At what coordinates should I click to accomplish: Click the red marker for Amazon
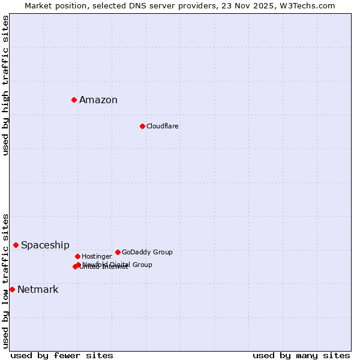(x=74, y=100)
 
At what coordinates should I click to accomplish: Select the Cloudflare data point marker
(x=142, y=126)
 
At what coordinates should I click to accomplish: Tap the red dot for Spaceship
(x=16, y=245)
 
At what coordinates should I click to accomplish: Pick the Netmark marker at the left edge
(x=12, y=289)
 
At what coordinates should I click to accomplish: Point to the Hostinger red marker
(x=77, y=256)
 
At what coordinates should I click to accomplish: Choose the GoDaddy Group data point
(x=118, y=252)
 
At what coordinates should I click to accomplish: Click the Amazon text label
(x=98, y=100)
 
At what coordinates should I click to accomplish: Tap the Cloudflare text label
(x=163, y=126)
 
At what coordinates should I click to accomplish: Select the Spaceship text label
(x=45, y=245)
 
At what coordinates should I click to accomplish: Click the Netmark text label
(x=38, y=290)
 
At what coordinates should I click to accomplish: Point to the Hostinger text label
(x=97, y=256)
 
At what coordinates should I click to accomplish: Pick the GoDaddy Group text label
(x=147, y=252)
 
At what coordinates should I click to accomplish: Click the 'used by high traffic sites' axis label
(x=5, y=85)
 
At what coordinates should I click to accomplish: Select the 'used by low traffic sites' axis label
(x=5, y=280)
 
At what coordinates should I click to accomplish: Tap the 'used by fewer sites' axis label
(x=62, y=356)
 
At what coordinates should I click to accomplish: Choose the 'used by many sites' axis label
(x=301, y=356)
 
